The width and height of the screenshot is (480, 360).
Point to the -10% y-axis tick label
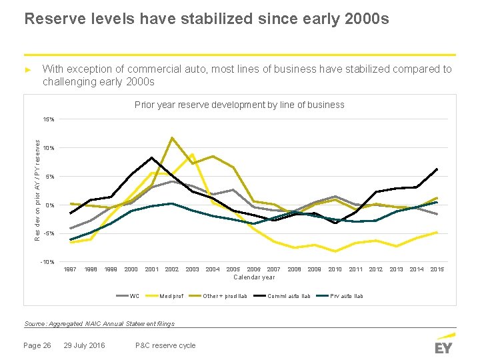coord(48,261)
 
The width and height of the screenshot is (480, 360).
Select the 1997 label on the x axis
coord(70,269)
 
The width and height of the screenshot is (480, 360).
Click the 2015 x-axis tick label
coord(437,269)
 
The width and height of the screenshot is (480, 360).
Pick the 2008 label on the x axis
coord(294,269)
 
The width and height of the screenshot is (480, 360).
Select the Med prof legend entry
coord(171,296)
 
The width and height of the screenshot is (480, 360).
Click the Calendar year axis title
coord(254,277)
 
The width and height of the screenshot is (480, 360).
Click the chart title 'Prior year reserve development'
coord(239,105)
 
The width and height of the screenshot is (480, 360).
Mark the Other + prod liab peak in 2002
coord(172,138)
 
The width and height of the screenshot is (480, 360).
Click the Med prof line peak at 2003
coord(192,155)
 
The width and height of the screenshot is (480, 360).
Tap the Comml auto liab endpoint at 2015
coord(437,169)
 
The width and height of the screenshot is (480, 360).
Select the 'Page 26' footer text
coord(37,345)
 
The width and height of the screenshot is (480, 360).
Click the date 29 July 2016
coord(84,345)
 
